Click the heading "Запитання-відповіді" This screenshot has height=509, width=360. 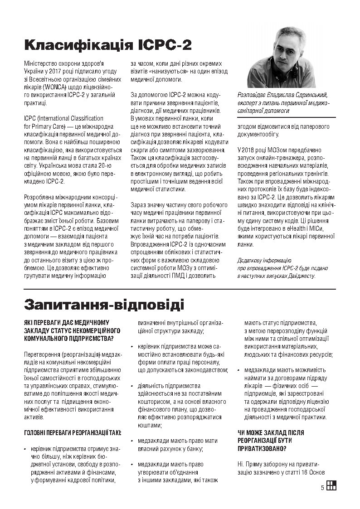(104, 303)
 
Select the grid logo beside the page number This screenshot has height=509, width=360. (331, 485)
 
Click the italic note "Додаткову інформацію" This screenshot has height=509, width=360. (264, 260)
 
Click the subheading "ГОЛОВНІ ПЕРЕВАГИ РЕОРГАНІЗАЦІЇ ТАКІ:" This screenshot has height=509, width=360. (73, 433)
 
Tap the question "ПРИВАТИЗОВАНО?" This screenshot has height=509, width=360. (262, 448)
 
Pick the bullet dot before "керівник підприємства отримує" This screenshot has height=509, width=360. (26, 449)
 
